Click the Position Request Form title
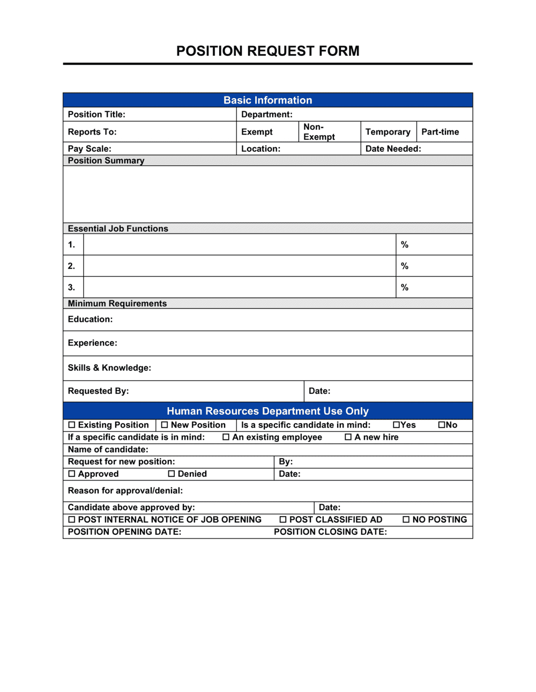tap(267, 51)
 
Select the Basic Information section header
tap(267, 100)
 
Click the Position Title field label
tap(96, 114)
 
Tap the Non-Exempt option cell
tap(319, 132)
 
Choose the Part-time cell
tap(440, 132)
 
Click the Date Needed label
tap(393, 149)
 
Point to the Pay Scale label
tap(90, 149)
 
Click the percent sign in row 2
tap(405, 266)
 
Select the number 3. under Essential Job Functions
tap(71, 288)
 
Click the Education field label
tap(90, 319)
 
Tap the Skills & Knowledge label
tap(109, 368)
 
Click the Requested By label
tap(98, 391)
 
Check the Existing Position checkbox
tap(72, 425)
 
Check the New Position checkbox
tap(165, 425)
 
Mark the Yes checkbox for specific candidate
tap(396, 425)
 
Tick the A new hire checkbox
tap(348, 437)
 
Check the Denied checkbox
tap(172, 474)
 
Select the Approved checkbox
tap(72, 474)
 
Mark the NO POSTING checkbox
tap(406, 519)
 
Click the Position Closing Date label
tap(330, 532)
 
